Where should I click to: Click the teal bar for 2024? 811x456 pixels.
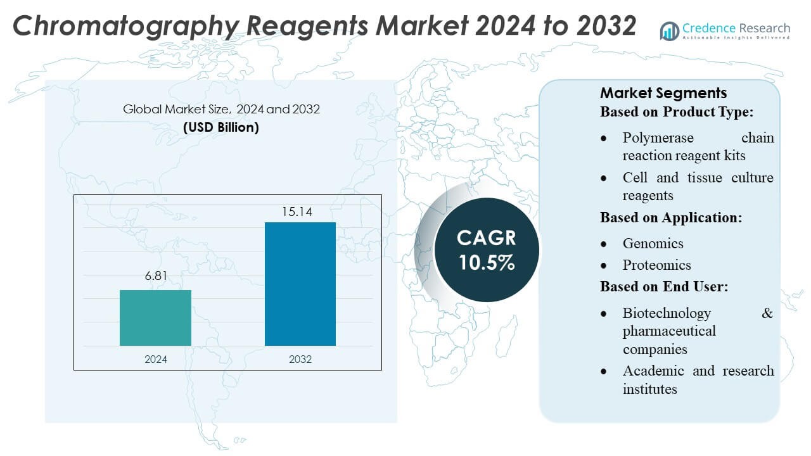155,318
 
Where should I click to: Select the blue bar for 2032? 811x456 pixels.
300,284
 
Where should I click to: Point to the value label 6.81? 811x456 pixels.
155,277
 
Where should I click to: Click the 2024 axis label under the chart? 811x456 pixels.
155,359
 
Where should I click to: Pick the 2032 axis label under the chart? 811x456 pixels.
300,359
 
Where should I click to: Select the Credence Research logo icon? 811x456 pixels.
669,30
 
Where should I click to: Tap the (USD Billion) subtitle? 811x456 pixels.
221,127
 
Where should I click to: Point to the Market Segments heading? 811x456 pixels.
663,93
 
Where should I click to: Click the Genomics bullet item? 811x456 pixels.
653,244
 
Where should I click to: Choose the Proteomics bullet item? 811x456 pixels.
656,265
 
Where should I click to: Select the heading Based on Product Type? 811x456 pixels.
677,112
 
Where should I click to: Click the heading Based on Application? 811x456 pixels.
671,218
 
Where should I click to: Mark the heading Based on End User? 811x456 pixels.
664,287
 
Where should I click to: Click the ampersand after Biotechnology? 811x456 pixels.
767,313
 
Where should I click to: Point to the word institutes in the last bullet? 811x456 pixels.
649,389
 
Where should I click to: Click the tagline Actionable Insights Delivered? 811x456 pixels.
736,38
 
